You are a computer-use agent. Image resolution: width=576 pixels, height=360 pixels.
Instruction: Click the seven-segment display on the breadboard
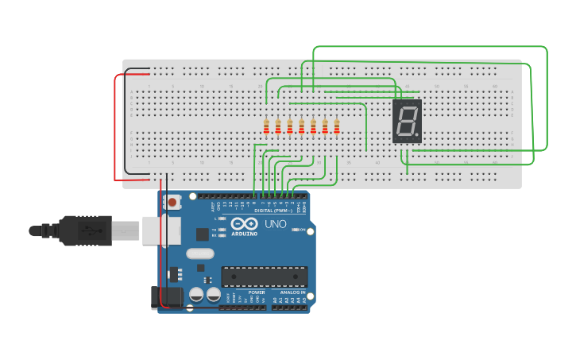click(x=407, y=122)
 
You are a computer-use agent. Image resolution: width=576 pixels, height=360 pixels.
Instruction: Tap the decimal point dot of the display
click(x=416, y=136)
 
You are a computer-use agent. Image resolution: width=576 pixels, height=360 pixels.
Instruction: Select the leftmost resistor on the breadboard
click(x=266, y=126)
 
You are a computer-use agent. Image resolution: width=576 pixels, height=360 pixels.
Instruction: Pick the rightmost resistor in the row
click(x=337, y=126)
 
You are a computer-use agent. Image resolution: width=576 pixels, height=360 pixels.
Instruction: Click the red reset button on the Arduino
click(x=172, y=203)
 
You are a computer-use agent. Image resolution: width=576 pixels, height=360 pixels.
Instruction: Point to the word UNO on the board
click(x=275, y=225)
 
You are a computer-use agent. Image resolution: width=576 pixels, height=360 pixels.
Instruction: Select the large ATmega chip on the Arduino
click(x=264, y=276)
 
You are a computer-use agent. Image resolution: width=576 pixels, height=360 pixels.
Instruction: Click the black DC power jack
click(x=155, y=297)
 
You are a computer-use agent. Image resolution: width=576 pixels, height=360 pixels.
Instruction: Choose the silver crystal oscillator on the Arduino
click(x=199, y=254)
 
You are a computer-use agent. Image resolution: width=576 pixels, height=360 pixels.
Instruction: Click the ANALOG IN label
click(x=292, y=292)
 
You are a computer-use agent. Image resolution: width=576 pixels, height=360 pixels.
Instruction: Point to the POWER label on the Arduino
click(x=257, y=292)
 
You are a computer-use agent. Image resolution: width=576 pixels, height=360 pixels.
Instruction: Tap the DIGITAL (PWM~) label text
click(x=273, y=210)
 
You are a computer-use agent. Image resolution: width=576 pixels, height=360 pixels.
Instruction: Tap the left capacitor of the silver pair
click(x=195, y=295)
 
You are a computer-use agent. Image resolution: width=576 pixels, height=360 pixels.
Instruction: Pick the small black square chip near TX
click(x=203, y=234)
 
